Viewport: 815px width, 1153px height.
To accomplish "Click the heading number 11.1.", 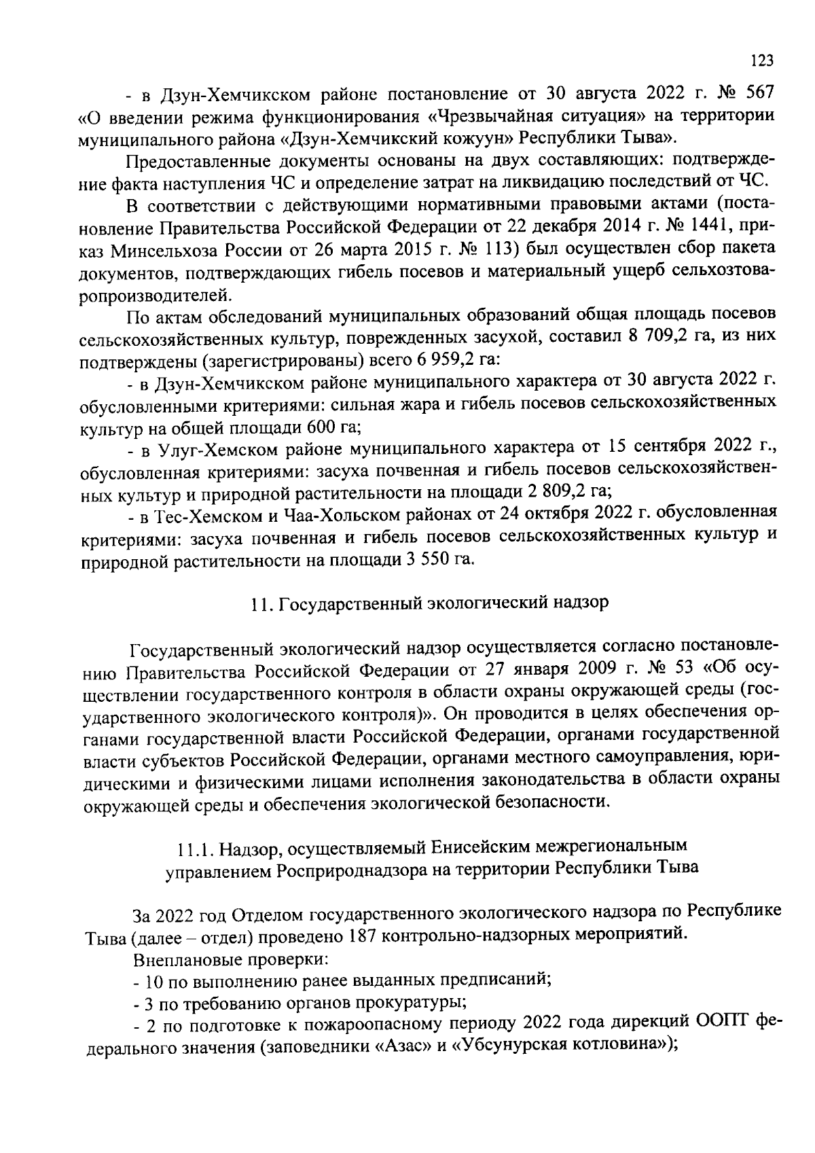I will tap(195, 847).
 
